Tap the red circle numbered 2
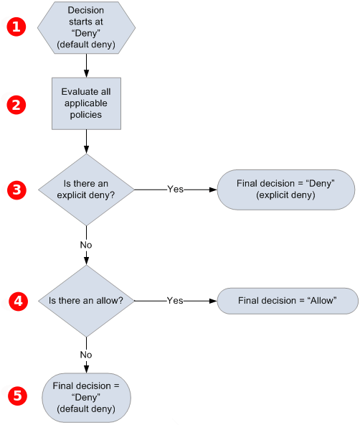pyautogui.click(x=16, y=104)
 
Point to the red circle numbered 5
pyautogui.click(x=16, y=396)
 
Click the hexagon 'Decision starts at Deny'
pyautogui.click(x=86, y=27)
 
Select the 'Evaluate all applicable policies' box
pyautogui.click(x=86, y=104)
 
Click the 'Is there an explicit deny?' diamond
pyautogui.click(x=86, y=190)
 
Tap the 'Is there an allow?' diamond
pyautogui.click(x=86, y=300)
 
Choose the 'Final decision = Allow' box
pyautogui.click(x=287, y=300)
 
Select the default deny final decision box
pyautogui.click(x=86, y=396)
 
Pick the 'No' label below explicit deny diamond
pyautogui.click(x=86, y=244)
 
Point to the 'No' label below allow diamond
pyautogui.click(x=86, y=355)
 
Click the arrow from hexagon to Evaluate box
pyautogui.click(x=86, y=65)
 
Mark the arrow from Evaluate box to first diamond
pyautogui.click(x=86, y=141)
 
